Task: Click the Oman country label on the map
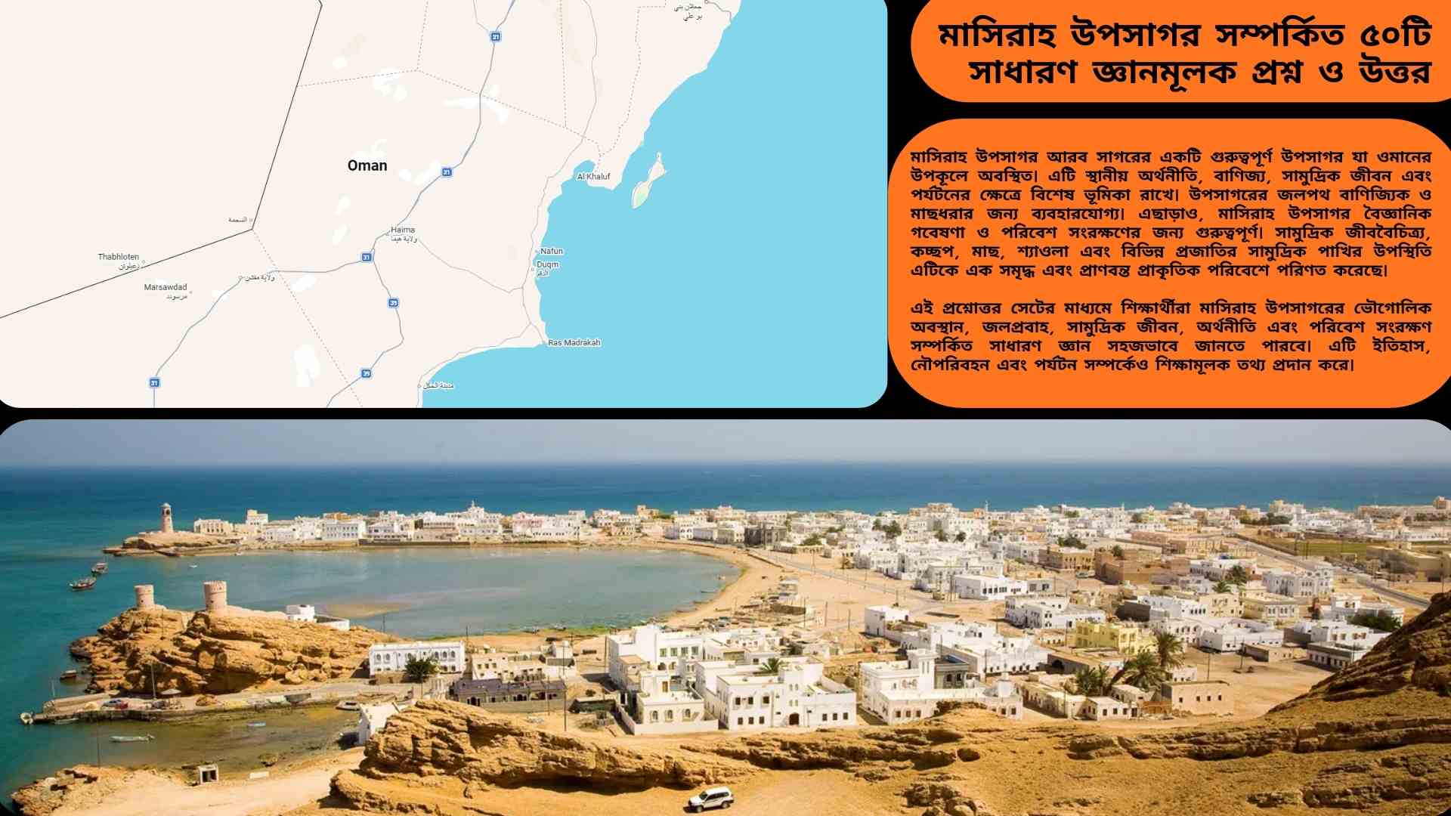pyautogui.click(x=367, y=165)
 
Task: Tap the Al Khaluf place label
pyautogui.click(x=593, y=177)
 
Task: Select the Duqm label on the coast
pyautogui.click(x=547, y=264)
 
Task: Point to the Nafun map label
pyautogui.click(x=552, y=251)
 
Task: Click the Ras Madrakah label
pyautogui.click(x=574, y=342)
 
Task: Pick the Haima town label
pyautogui.click(x=403, y=230)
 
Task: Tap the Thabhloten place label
pyautogui.click(x=119, y=257)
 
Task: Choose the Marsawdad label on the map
pyautogui.click(x=166, y=287)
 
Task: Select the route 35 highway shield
pyautogui.click(x=394, y=303)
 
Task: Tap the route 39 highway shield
pyautogui.click(x=367, y=373)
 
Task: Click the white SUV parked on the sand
pyautogui.click(x=711, y=796)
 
